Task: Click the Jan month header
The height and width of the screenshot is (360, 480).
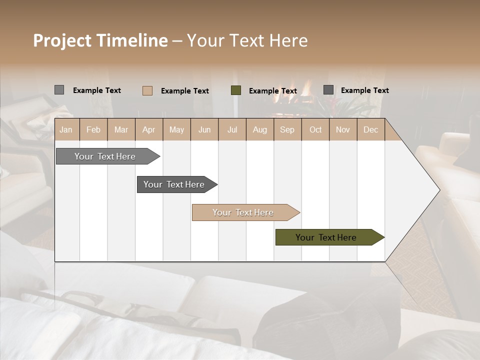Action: [66, 129]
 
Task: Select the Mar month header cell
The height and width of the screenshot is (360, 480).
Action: [121, 129]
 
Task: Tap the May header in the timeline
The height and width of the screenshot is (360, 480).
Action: [176, 129]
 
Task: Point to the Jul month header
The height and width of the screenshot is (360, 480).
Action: [232, 129]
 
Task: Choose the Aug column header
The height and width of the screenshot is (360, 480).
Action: [259, 129]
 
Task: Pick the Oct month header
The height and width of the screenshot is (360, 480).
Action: [315, 129]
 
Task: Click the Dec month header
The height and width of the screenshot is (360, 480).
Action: [370, 129]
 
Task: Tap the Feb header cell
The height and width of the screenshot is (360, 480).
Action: [93, 129]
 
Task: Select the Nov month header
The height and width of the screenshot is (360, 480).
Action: [342, 129]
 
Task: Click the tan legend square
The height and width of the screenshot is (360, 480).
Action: [147, 90]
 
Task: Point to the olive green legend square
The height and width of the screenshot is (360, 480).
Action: [236, 90]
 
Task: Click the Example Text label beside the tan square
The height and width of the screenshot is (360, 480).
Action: [185, 91]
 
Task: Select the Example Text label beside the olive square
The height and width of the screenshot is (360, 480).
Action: [273, 91]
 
